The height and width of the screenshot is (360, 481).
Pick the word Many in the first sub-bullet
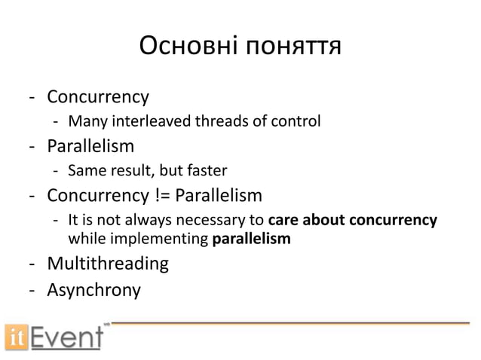85,121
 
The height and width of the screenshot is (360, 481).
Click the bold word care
283,221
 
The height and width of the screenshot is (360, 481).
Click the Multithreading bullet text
108,264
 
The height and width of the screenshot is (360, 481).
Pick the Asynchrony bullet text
93,289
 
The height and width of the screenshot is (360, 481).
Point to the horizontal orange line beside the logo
290,324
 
